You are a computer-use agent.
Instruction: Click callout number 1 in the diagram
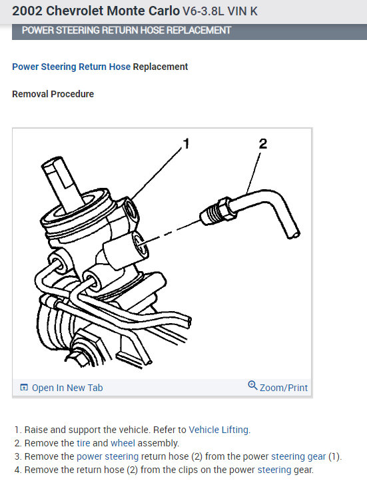[x=186, y=143]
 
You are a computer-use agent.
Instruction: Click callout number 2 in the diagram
[x=263, y=143]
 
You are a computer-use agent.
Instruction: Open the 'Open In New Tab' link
[x=67, y=388]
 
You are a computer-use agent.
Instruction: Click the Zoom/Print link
[x=284, y=387]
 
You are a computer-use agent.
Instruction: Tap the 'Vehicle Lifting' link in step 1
[x=219, y=430]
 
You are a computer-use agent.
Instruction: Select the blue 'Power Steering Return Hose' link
[x=71, y=67]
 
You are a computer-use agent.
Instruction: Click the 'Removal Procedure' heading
[x=53, y=94]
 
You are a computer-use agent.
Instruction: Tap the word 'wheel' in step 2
[x=123, y=443]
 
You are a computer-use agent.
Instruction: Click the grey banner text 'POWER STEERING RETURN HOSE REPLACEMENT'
[x=127, y=31]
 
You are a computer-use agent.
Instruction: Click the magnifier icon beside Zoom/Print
[x=252, y=386]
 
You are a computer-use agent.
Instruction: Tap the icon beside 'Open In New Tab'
[x=24, y=388]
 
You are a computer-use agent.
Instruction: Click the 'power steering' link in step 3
[x=107, y=456]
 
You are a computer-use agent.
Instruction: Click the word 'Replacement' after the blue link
[x=161, y=67]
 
